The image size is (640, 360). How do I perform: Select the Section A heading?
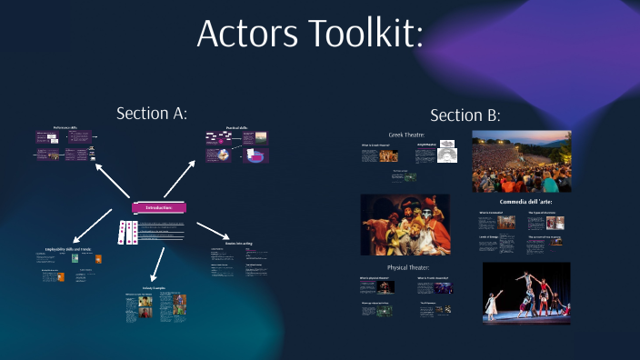click(x=152, y=113)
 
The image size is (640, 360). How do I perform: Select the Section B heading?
click(x=465, y=115)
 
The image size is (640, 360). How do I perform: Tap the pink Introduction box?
click(x=159, y=207)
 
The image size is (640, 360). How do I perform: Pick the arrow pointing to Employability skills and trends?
click(x=97, y=225)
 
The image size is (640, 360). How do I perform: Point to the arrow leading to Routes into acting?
click(x=214, y=229)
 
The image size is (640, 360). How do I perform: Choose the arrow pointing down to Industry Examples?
click(x=157, y=261)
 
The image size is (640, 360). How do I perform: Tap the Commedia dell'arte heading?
click(x=525, y=201)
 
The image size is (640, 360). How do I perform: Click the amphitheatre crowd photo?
click(x=521, y=161)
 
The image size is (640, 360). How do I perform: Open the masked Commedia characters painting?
click(x=405, y=224)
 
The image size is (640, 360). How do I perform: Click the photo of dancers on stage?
click(x=526, y=293)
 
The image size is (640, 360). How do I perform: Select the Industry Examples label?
click(x=151, y=287)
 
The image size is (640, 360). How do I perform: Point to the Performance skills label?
click(x=65, y=128)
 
